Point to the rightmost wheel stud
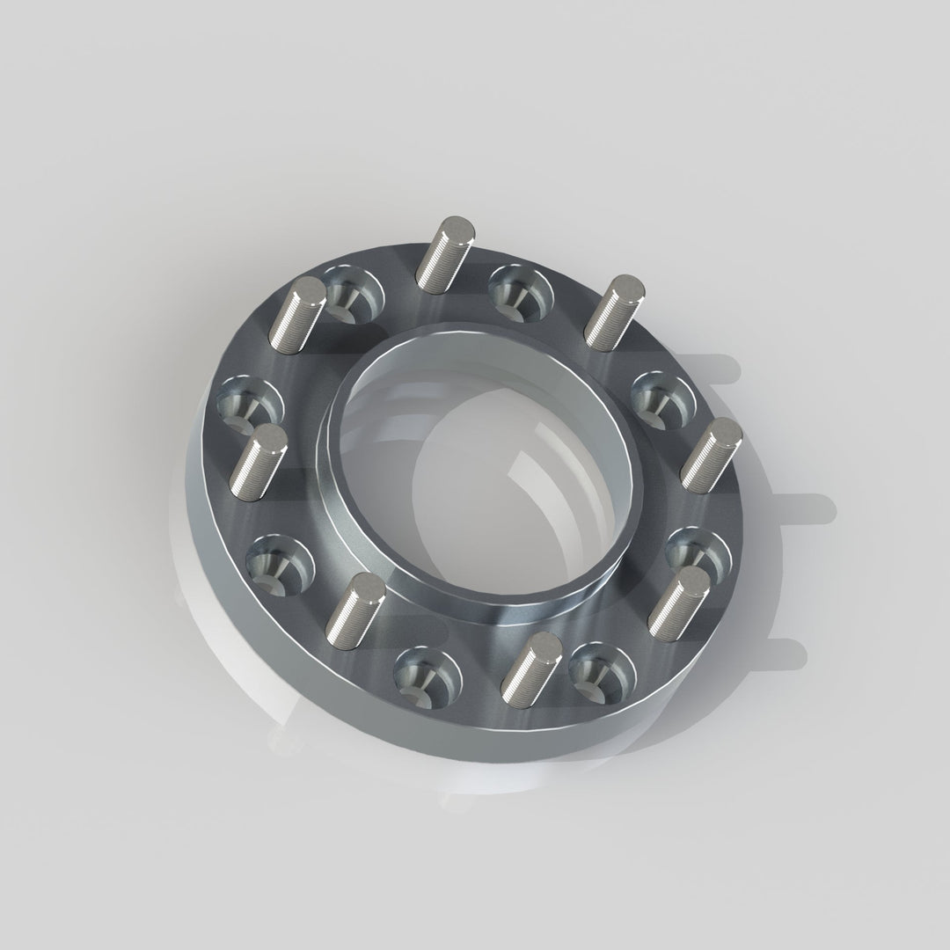(712, 455)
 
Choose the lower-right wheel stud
(678, 600)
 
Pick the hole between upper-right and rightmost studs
(662, 397)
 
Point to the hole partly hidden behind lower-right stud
(695, 550)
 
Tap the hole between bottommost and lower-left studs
(427, 674)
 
